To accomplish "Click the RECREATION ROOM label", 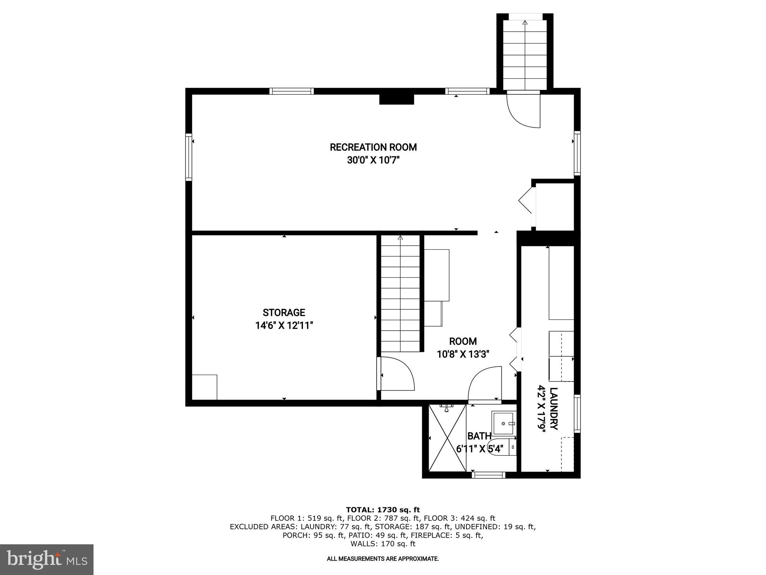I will click(373, 147).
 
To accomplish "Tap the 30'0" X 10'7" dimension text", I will click(373, 160).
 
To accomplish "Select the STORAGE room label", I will click(284, 313).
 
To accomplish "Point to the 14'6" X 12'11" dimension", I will click(284, 326).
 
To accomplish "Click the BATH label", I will click(479, 436).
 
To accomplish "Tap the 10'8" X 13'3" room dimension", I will click(463, 354).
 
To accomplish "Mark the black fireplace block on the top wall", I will click(396, 99).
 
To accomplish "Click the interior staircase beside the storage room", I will click(400, 294).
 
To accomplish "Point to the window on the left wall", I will click(189, 157).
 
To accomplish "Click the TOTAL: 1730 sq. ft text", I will click(383, 509).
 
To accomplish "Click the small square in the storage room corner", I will click(204, 387).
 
